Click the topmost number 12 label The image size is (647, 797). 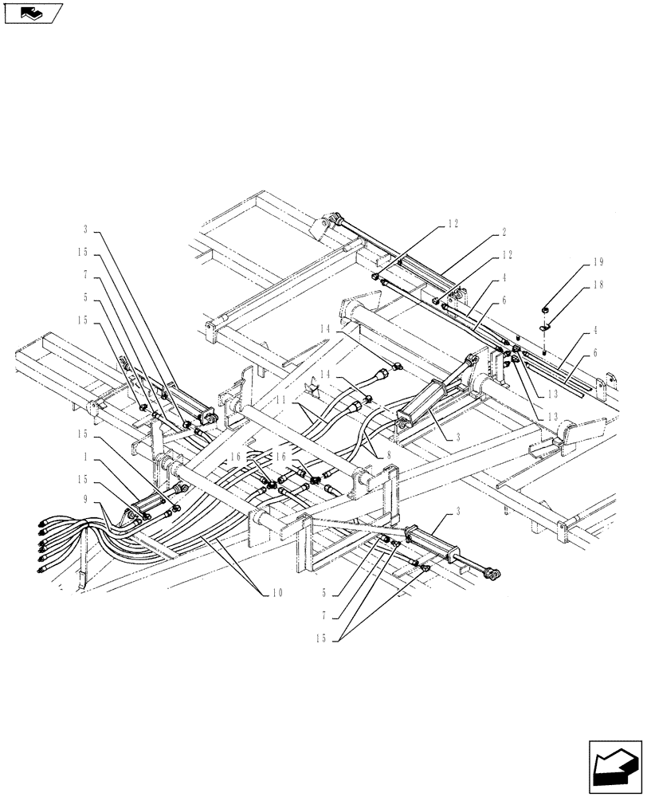(x=452, y=225)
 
